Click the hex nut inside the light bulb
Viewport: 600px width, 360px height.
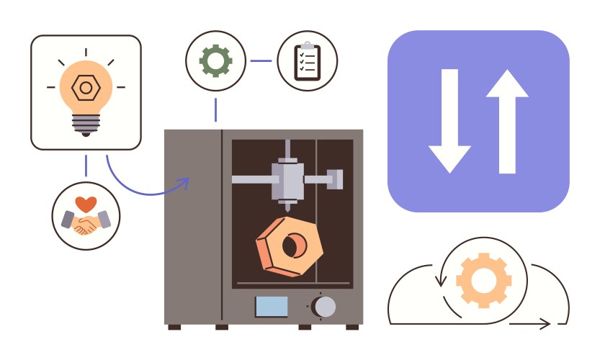pyautogui.click(x=85, y=88)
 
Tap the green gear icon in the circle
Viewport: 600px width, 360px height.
pyautogui.click(x=215, y=60)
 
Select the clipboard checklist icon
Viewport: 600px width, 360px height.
pyautogui.click(x=307, y=61)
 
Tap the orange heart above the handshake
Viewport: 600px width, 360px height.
pyautogui.click(x=86, y=204)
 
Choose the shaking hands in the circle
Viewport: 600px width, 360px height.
pyautogui.click(x=86, y=223)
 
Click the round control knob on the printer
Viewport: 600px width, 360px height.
pyautogui.click(x=324, y=306)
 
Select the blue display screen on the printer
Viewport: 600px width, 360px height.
pyautogui.click(x=272, y=307)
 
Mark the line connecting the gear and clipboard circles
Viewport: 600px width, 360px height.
pyautogui.click(x=261, y=60)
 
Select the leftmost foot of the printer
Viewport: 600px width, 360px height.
pyautogui.click(x=174, y=327)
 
